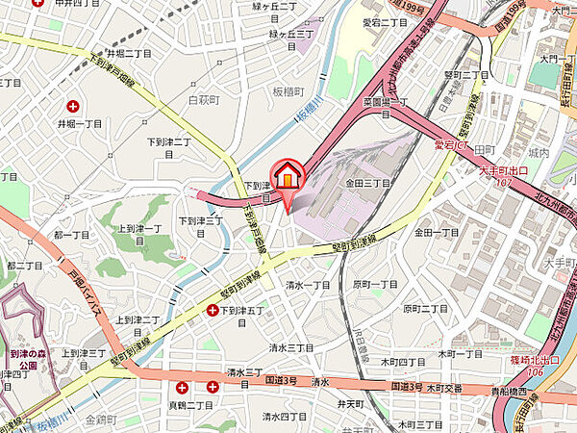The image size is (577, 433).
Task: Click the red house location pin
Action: coord(288,178)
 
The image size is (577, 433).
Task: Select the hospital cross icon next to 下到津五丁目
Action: coord(213,310)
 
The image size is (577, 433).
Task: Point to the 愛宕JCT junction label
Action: coord(451,145)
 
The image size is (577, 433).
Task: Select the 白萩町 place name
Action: coord(205,99)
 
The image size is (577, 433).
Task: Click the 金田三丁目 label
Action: coord(367,182)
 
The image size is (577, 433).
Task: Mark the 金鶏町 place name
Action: coord(99,420)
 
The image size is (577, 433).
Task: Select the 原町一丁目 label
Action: coord(375,285)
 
